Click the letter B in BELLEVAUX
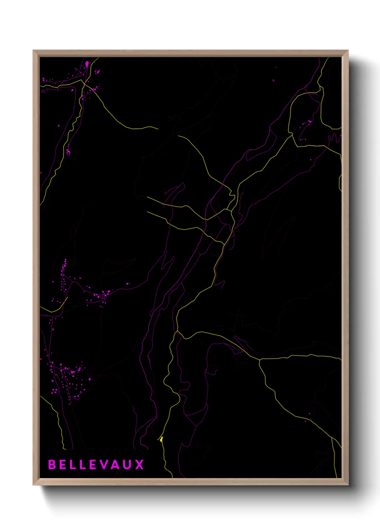tap(52, 464)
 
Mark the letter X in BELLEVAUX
tap(139, 464)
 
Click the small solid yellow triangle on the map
tap(162, 439)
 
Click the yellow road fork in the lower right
tap(259, 359)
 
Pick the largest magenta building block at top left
tap(87, 64)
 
